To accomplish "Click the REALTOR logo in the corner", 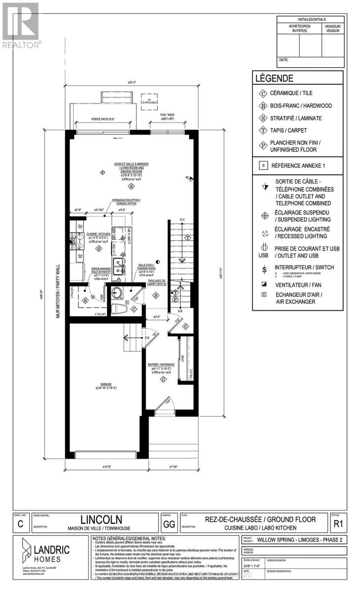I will (x=21, y=25).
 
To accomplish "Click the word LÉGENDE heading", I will (x=274, y=78).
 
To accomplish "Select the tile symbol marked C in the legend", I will (x=262, y=93).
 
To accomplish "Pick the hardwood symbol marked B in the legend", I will (x=262, y=106).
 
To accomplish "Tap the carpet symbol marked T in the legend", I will (x=262, y=131).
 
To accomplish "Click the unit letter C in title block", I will (x=20, y=524).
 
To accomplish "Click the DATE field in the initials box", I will (x=284, y=60).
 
